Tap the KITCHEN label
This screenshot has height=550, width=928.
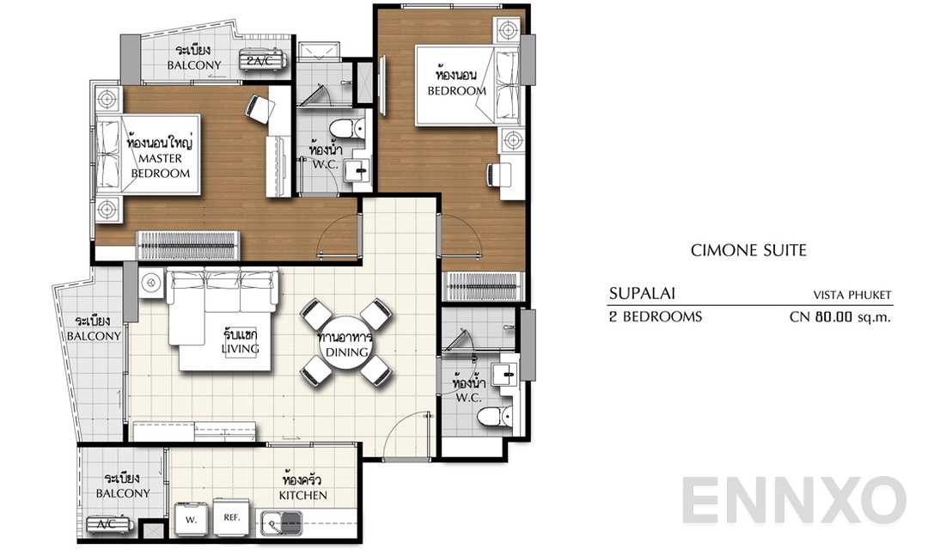click(x=302, y=495)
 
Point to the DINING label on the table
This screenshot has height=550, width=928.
click(x=347, y=352)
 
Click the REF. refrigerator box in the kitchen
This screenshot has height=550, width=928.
click(x=231, y=517)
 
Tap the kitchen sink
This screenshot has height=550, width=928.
click(x=281, y=520)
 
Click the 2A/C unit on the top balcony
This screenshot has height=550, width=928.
click(x=261, y=61)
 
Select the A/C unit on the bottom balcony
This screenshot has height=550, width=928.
click(x=107, y=523)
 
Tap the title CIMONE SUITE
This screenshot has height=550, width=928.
click(x=748, y=250)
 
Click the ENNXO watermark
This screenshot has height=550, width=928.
click(x=795, y=501)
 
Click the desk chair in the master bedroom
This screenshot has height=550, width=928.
click(x=259, y=107)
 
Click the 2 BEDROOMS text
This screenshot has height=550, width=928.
click(x=655, y=316)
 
